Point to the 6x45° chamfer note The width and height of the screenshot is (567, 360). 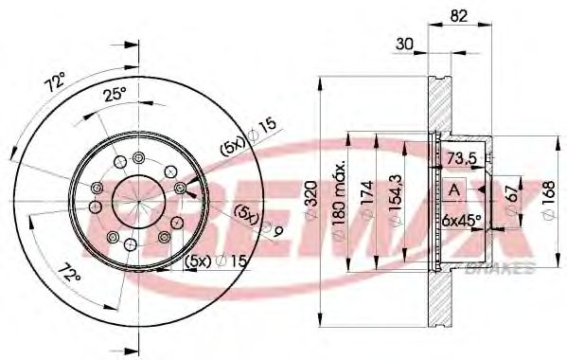461,221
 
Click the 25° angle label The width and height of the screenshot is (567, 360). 114,93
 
